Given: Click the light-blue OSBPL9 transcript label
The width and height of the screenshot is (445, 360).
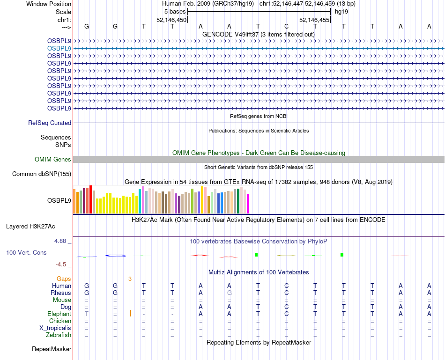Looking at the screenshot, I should click(59, 48).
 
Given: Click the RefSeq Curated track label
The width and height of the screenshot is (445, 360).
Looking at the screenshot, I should click(50, 123).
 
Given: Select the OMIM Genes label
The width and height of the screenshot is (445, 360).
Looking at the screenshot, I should click(53, 160).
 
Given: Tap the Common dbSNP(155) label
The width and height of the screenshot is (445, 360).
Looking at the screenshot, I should click(42, 174).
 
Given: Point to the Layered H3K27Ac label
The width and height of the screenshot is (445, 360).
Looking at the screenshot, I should click(30, 227).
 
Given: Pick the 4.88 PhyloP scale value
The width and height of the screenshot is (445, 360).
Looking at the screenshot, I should click(61, 241).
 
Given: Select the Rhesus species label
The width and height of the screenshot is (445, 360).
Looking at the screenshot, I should click(61, 293).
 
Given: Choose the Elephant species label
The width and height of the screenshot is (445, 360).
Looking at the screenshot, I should click(59, 314).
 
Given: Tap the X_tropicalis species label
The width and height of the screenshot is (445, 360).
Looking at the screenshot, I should click(55, 328).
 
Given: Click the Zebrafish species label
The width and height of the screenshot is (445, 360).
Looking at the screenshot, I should click(59, 335).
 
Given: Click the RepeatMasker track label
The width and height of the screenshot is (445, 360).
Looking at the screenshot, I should click(52, 349).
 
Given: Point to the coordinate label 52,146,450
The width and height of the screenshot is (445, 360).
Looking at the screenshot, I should click(171, 20).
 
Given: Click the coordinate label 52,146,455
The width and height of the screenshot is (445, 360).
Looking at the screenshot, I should click(314, 20).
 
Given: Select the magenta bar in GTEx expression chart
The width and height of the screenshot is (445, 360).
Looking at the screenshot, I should click(248, 203).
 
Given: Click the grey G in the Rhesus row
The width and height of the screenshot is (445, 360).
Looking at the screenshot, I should click(229, 293).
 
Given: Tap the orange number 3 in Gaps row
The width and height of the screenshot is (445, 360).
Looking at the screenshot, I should click(130, 279).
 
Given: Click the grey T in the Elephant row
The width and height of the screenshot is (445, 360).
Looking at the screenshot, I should click(87, 314).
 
